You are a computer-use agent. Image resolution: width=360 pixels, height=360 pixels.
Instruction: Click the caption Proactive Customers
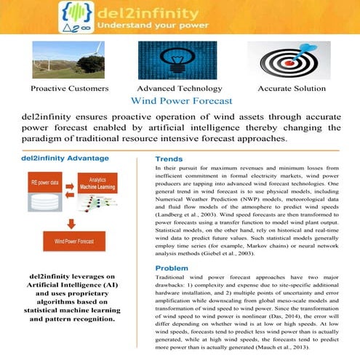point(70,88)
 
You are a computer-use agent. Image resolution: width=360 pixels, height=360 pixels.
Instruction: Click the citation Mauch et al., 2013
point(284,347)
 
